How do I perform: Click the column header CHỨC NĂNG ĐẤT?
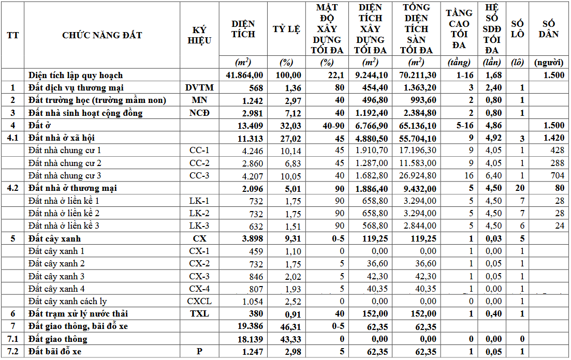point(102,35)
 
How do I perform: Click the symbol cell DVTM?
point(199,88)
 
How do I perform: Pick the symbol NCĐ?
point(199,113)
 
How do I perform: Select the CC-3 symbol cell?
point(199,175)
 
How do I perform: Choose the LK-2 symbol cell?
point(199,213)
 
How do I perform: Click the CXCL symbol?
point(199,301)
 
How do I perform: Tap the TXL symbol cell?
point(199,313)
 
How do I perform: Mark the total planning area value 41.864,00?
point(245,76)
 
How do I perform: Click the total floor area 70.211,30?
point(418,76)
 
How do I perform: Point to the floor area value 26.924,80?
point(418,175)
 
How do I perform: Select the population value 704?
point(557,175)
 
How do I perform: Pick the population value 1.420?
point(553,138)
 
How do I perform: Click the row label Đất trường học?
point(97,100)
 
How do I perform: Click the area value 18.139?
point(248,339)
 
